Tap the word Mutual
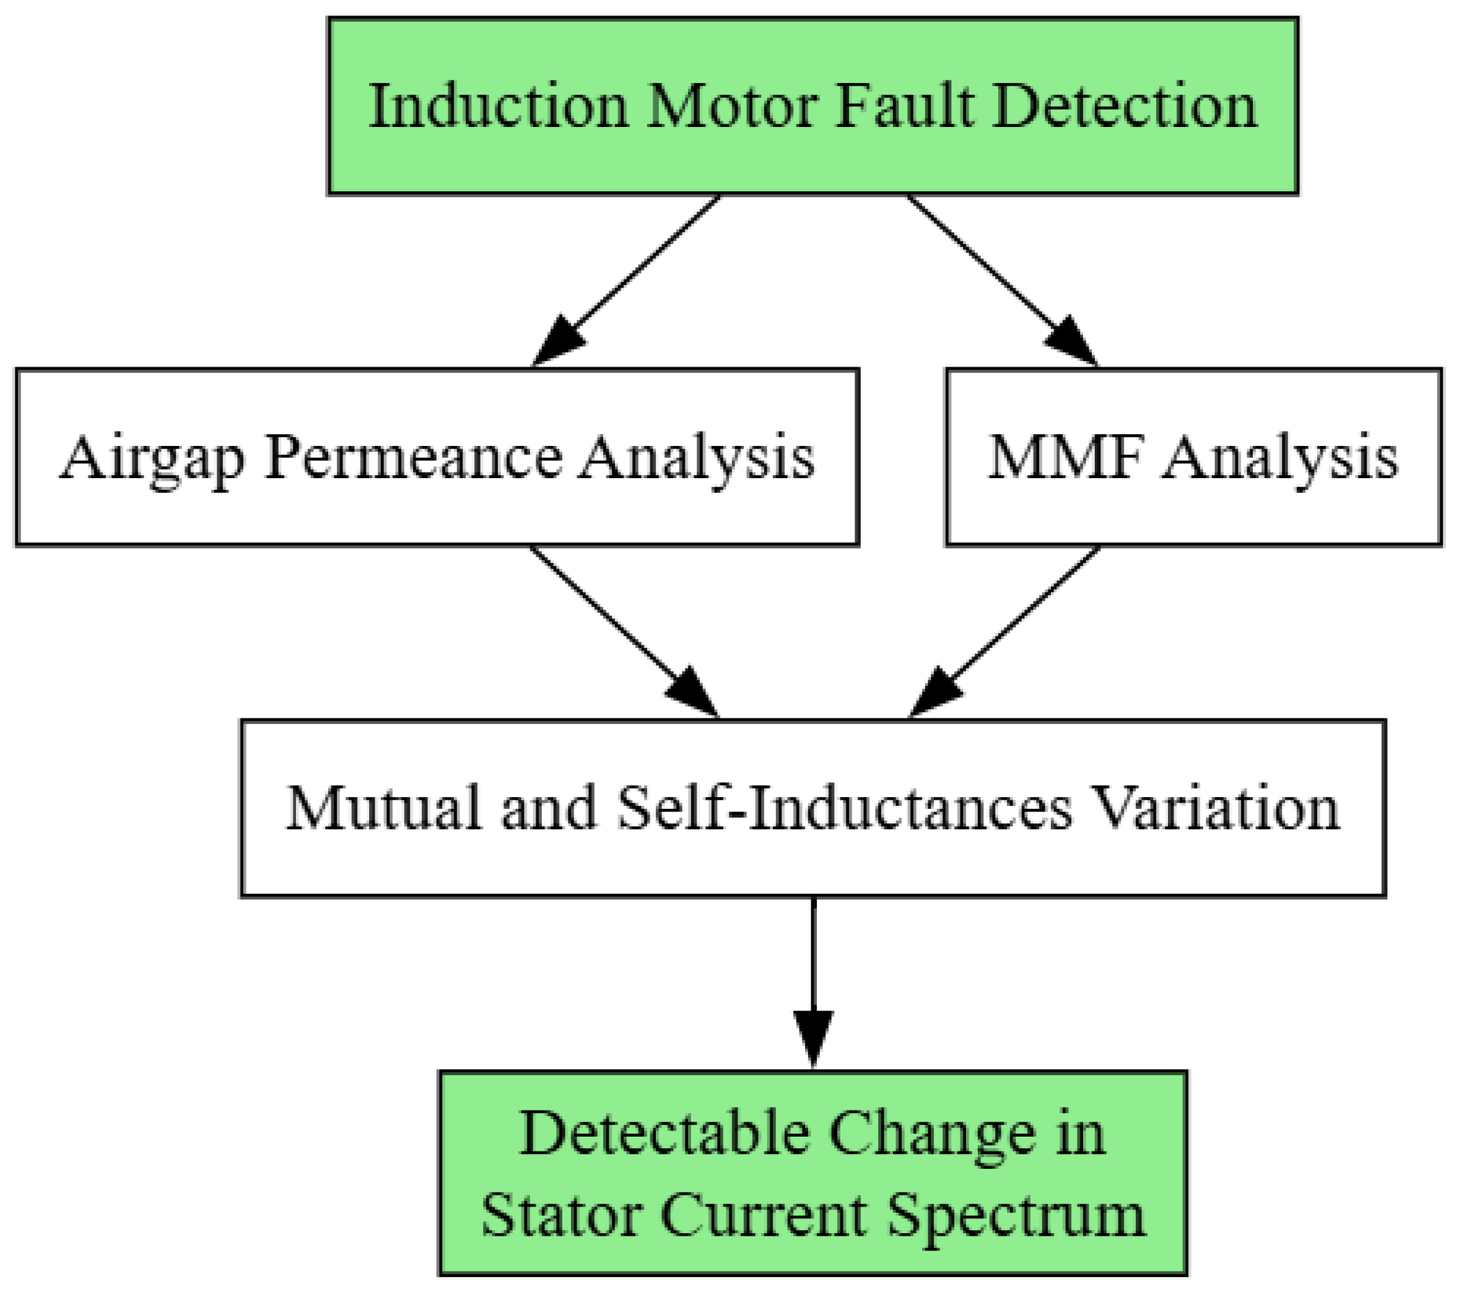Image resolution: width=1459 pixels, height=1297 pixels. click(383, 809)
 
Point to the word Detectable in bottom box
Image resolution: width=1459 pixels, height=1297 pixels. click(664, 1133)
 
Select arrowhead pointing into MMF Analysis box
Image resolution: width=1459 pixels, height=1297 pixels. click(1071, 341)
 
